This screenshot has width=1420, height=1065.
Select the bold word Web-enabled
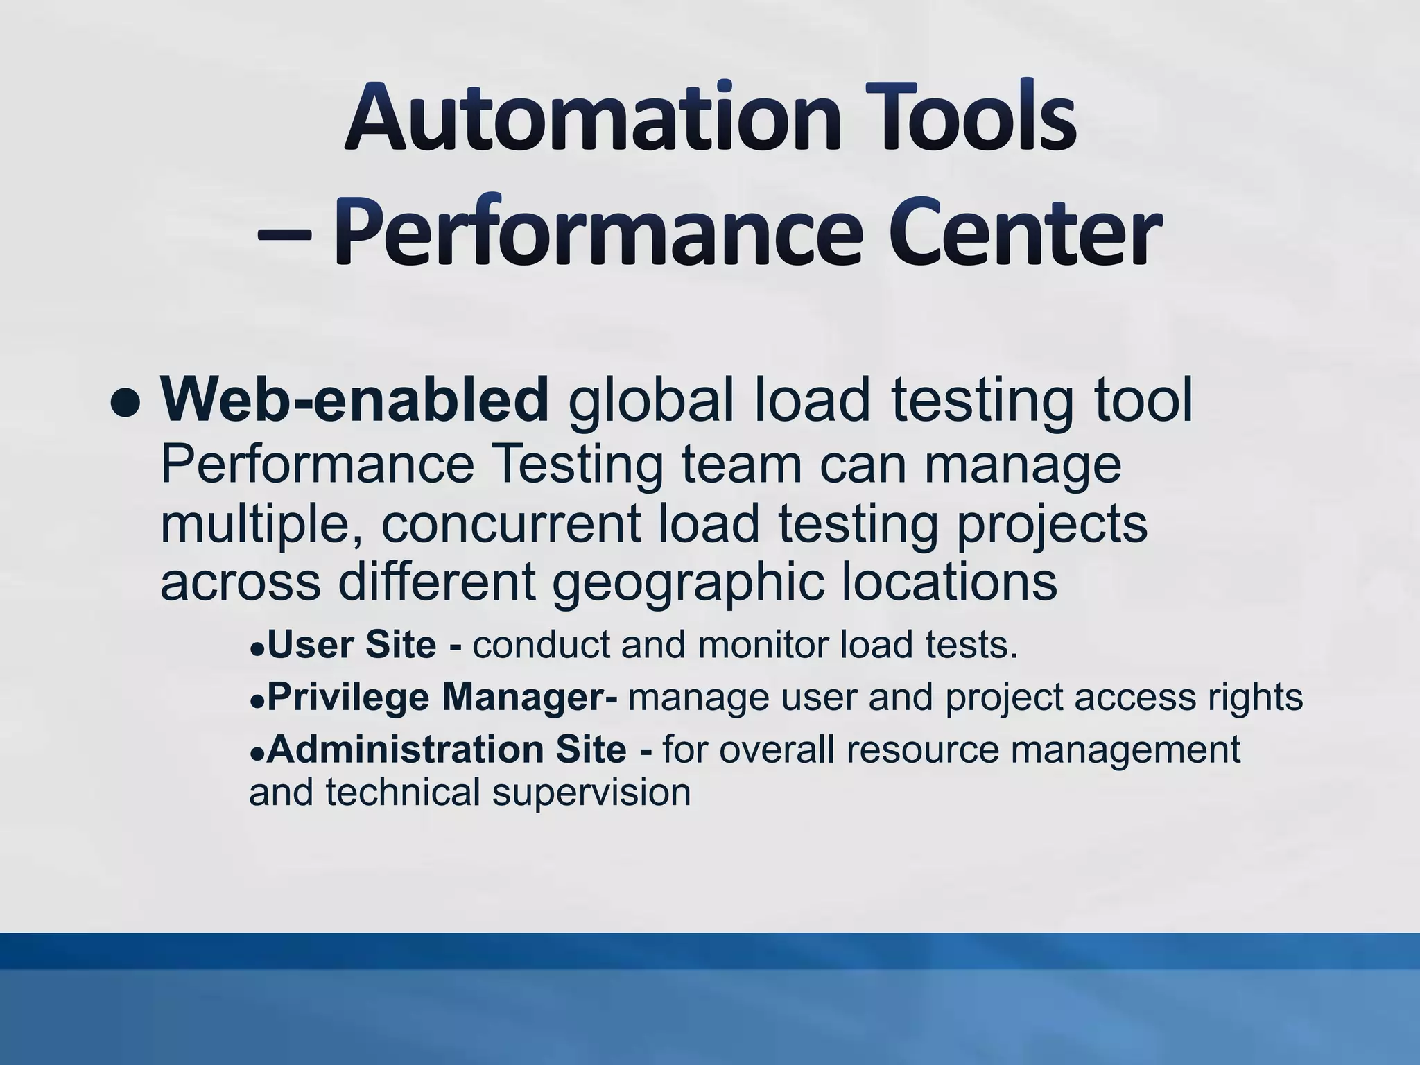tap(354, 400)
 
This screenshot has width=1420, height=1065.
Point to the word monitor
tap(763, 644)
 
